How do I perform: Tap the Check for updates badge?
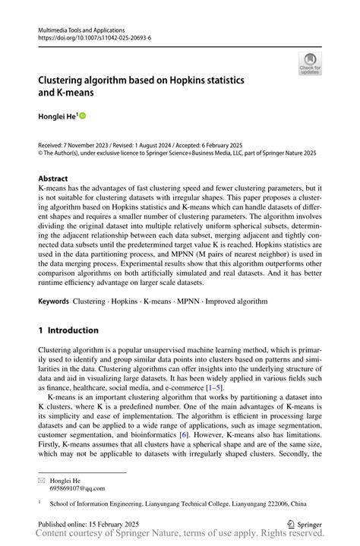[310, 63]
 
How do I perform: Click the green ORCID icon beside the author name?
[83, 115]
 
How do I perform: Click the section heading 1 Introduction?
[68, 330]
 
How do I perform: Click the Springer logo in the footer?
[302, 524]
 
